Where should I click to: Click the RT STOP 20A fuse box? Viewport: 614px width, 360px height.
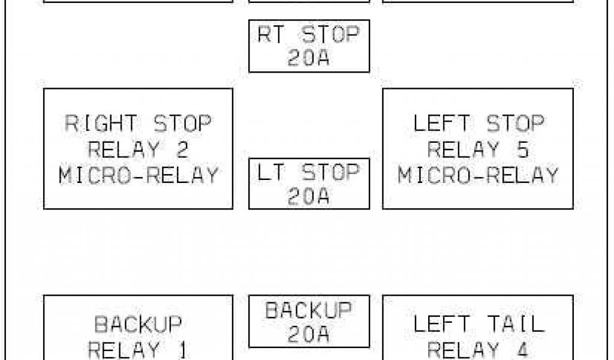[309, 46]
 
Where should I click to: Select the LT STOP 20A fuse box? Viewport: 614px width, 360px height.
[309, 184]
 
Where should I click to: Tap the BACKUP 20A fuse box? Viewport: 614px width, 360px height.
[309, 321]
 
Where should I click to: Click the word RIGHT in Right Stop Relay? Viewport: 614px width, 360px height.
[101, 124]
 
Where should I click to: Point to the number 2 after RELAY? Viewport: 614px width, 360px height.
[182, 150]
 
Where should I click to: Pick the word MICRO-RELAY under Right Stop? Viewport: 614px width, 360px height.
[139, 176]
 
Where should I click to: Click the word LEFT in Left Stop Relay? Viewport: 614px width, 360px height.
[442, 124]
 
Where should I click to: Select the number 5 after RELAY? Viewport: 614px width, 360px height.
[522, 150]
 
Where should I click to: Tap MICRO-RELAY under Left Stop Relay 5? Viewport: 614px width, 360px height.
[478, 176]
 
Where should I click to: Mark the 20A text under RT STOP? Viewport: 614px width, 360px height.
[308, 59]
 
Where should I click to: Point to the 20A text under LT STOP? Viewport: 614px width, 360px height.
[308, 197]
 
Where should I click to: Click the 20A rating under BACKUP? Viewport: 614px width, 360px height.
[308, 335]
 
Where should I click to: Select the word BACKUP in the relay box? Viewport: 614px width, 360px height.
[138, 325]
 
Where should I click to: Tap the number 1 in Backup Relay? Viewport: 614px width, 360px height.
[182, 349]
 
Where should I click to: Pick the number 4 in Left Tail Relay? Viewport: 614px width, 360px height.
[522, 349]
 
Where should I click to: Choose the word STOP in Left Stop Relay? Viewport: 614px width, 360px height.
[515, 124]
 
